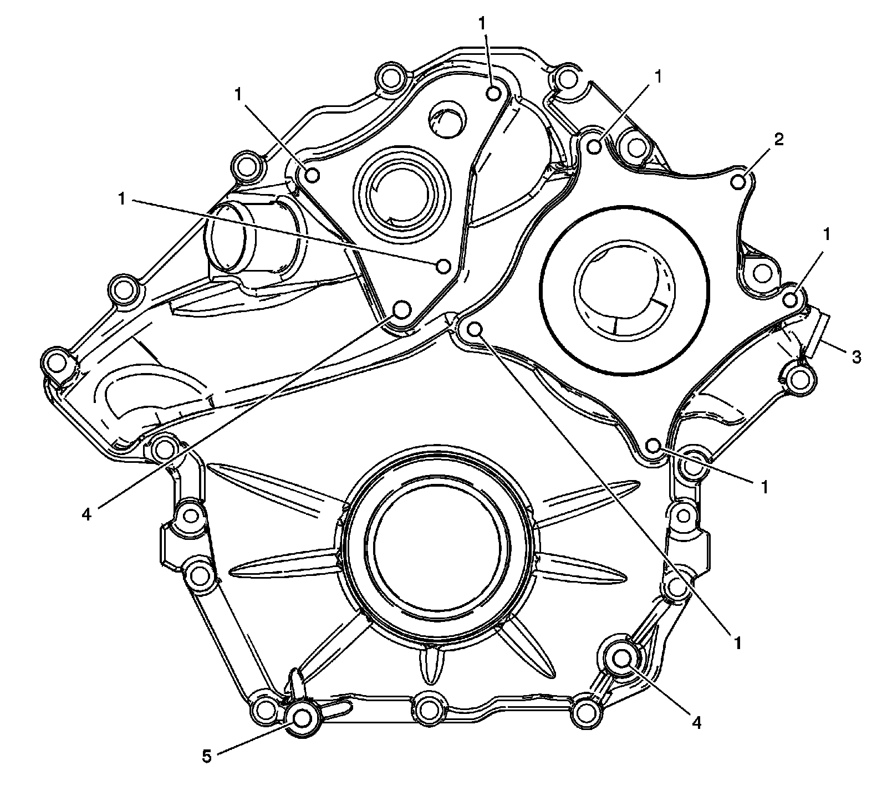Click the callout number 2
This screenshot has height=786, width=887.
(778, 140)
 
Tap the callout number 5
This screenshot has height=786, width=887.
(207, 757)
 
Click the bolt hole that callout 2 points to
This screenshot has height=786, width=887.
(738, 182)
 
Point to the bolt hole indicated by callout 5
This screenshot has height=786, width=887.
(302, 718)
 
